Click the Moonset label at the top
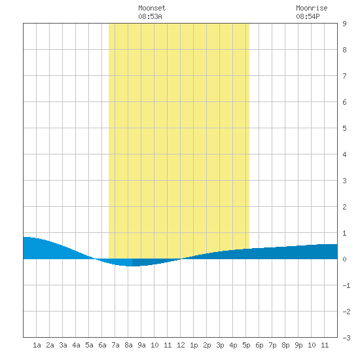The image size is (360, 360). pos(152,8)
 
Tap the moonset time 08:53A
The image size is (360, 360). pos(150,16)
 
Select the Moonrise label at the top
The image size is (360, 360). pos(312,8)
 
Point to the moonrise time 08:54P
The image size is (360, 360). pos(308,16)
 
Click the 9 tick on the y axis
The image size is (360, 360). pos(344,24)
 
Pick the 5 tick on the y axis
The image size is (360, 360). pos(344,128)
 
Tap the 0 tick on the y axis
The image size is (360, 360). pos(344,259)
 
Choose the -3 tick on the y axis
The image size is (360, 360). pos(346,338)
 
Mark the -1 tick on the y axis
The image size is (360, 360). pos(346,285)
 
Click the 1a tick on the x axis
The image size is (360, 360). pos(37,345)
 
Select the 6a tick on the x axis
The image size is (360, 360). pos(102,345)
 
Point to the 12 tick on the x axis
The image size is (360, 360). pos(181,345)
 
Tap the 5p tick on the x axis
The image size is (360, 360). pos(246,345)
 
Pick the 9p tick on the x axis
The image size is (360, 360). pos(298,345)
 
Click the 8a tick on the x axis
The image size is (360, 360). pos(128,345)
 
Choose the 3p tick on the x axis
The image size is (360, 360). pos(220,345)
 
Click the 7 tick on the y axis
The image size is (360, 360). pos(344,76)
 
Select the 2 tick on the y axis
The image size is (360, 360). pos(344,207)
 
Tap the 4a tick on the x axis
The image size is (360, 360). pos(76,345)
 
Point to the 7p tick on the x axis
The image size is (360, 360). pos(272,345)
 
